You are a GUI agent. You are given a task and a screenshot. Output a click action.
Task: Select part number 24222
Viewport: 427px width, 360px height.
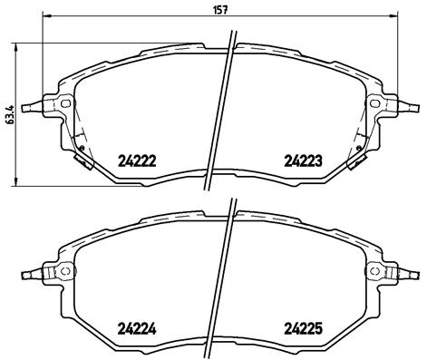click(x=138, y=161)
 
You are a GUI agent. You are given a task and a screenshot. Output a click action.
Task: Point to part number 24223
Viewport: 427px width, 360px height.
click(x=305, y=161)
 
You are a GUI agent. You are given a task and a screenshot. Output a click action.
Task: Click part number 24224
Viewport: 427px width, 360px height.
click(x=138, y=329)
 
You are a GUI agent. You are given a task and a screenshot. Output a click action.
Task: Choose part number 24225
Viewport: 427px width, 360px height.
click(x=305, y=329)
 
